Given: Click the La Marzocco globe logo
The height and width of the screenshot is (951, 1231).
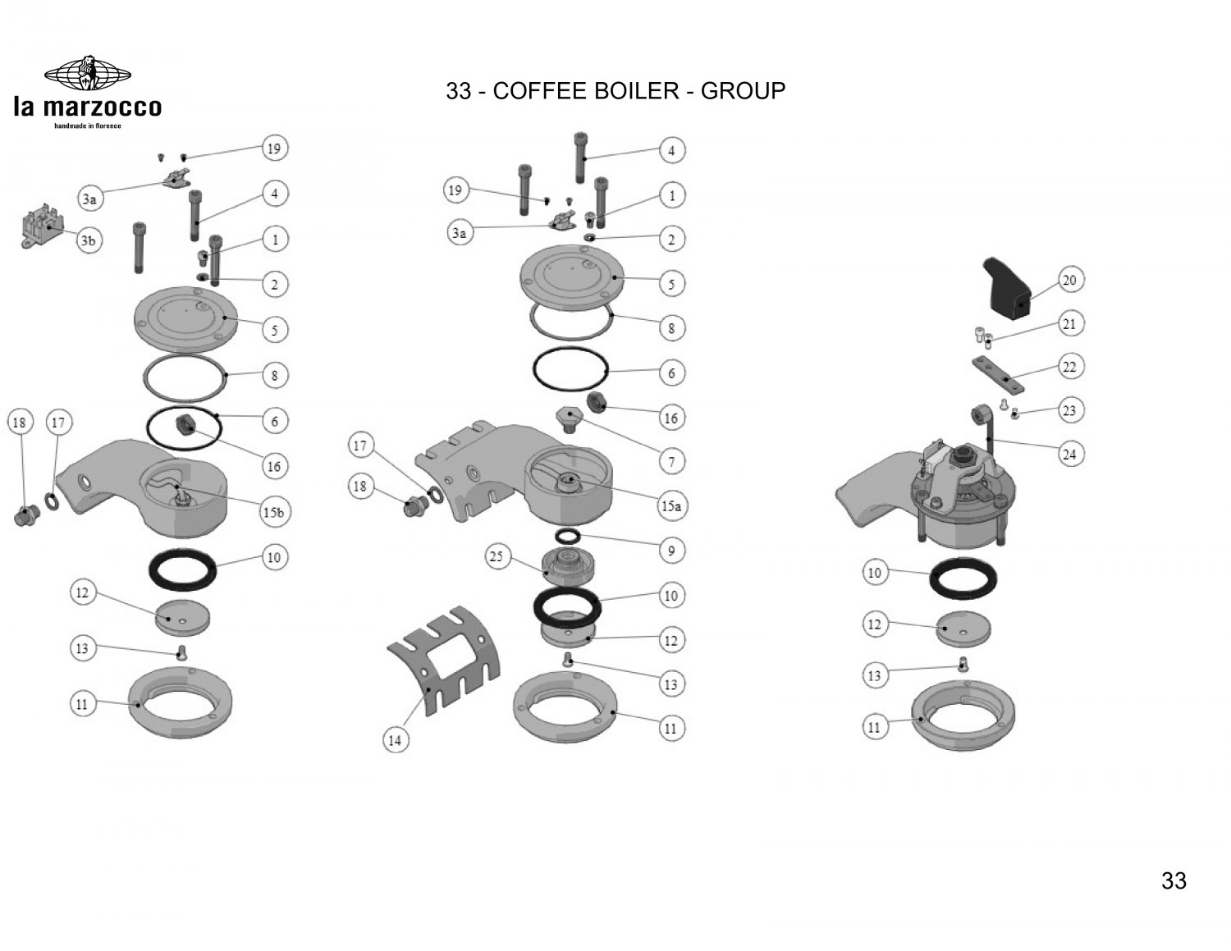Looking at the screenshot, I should coord(87,75).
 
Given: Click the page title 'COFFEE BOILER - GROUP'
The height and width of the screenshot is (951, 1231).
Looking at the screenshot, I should coord(615,90).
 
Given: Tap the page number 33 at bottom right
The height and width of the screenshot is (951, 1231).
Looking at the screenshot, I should coord(1174,880).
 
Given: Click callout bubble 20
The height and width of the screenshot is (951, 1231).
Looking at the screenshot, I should coord(1069,281).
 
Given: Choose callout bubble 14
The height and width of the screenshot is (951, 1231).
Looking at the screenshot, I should coord(395,740).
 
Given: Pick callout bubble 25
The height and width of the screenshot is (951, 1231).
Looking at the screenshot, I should coord(497,556).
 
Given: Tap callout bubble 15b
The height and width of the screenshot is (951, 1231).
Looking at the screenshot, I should coord(273,512).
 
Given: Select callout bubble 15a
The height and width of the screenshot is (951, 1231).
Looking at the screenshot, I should coord(671,506).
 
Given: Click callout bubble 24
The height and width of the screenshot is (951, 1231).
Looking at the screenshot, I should coord(1069,453).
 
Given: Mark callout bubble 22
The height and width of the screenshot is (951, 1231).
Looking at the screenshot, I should coord(1069,367).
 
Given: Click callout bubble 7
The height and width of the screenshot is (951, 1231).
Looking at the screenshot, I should coord(671,462).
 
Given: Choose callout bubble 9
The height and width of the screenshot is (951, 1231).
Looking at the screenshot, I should coord(671,551).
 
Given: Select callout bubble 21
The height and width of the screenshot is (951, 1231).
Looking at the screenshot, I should coord(1069,324).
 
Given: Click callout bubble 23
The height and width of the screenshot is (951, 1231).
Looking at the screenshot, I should coord(1069,409).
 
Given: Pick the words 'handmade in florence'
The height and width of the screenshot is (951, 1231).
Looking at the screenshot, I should coord(87,126).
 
